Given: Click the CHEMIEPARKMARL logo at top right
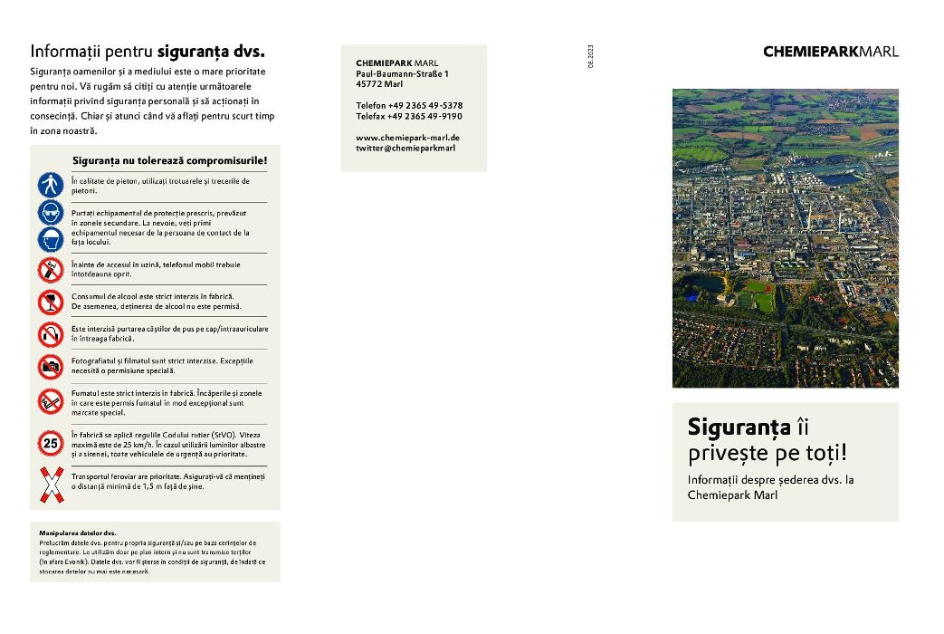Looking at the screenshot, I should pyautogui.click(x=831, y=52).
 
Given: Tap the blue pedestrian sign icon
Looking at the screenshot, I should pyautogui.click(x=50, y=185).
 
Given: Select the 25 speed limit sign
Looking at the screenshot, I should pyautogui.click(x=50, y=444).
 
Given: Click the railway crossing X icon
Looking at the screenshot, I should pyautogui.click(x=50, y=485).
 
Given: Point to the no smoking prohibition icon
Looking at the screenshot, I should pyautogui.click(x=50, y=400).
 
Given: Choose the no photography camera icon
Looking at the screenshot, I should pyautogui.click(x=50, y=366).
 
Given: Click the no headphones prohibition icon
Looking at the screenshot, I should pyautogui.click(x=50, y=334).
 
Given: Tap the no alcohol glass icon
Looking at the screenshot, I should pyautogui.click(x=50, y=302).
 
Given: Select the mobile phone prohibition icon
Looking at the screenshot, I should pyautogui.click(x=50, y=269).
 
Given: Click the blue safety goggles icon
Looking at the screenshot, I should pyautogui.click(x=50, y=214).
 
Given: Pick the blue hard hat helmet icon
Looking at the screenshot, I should pyautogui.click(x=50, y=240).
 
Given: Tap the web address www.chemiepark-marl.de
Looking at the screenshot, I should pyautogui.click(x=407, y=137).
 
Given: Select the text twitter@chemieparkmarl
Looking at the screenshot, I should pyautogui.click(x=405, y=148).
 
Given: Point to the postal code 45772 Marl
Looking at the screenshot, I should pyautogui.click(x=379, y=83).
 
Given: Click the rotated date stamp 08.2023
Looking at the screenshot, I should pyautogui.click(x=589, y=56).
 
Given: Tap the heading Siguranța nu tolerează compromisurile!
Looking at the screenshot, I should pyautogui.click(x=169, y=160).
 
